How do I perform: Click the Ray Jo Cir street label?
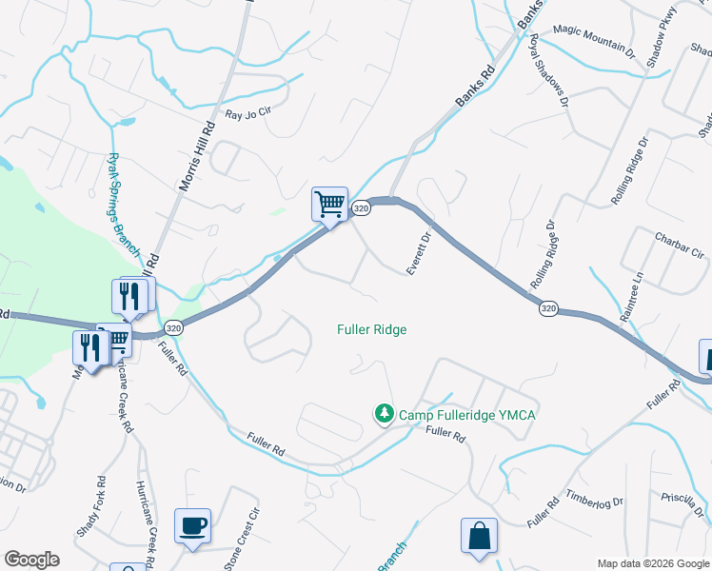click(x=248, y=114)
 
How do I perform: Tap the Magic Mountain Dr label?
click(x=593, y=39)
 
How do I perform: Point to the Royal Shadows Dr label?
click(x=549, y=70)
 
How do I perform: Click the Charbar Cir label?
click(x=680, y=245)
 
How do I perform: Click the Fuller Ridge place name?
click(x=372, y=329)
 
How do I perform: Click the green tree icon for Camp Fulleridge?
click(x=384, y=414)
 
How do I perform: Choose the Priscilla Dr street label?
click(x=682, y=502)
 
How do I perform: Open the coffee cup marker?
click(x=192, y=526)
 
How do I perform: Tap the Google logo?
click(x=31, y=560)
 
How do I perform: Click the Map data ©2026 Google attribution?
click(x=652, y=563)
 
